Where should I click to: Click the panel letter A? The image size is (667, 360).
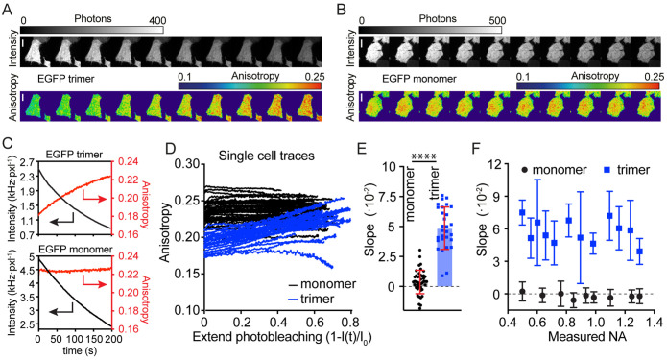pos(7,9)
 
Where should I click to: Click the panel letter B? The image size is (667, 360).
pos(343,9)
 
